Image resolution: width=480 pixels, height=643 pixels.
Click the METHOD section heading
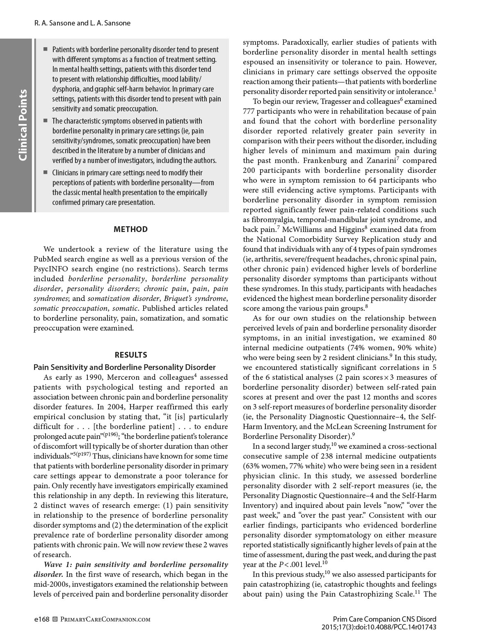point(130,229)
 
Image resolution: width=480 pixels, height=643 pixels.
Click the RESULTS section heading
point(130,355)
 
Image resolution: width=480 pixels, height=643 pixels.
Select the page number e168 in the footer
point(41,619)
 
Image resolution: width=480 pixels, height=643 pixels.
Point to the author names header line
point(82,23)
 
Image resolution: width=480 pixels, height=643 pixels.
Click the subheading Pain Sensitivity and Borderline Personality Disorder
point(124,367)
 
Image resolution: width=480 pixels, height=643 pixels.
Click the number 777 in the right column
point(249,111)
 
